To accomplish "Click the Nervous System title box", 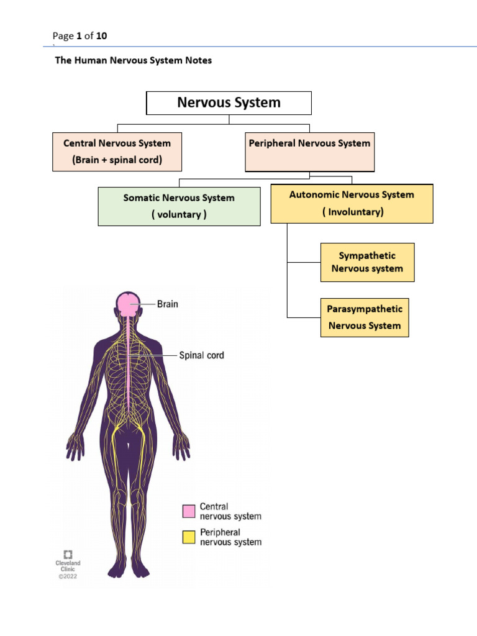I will tap(229, 103).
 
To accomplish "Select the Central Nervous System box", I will tap(117, 152).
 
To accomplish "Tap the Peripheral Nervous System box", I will tap(309, 152).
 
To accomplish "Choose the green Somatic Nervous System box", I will tap(179, 207).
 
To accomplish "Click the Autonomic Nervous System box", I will tap(352, 203).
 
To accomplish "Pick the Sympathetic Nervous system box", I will tap(367, 262).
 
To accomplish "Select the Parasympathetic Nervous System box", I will tap(365, 317).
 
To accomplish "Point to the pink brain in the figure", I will tap(128, 304).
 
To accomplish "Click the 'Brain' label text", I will tap(167, 304).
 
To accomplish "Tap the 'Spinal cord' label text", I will tap(201, 356).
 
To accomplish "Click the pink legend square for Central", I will tap(189, 511).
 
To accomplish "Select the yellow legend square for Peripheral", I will tap(189, 537).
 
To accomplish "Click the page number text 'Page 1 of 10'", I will tap(79, 36).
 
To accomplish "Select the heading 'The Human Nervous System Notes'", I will tap(134, 61).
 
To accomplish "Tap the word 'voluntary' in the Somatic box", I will tap(179, 215).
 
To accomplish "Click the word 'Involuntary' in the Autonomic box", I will tap(352, 212).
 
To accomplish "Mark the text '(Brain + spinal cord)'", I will tap(117, 160).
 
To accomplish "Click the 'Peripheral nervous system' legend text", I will tap(230, 537).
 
